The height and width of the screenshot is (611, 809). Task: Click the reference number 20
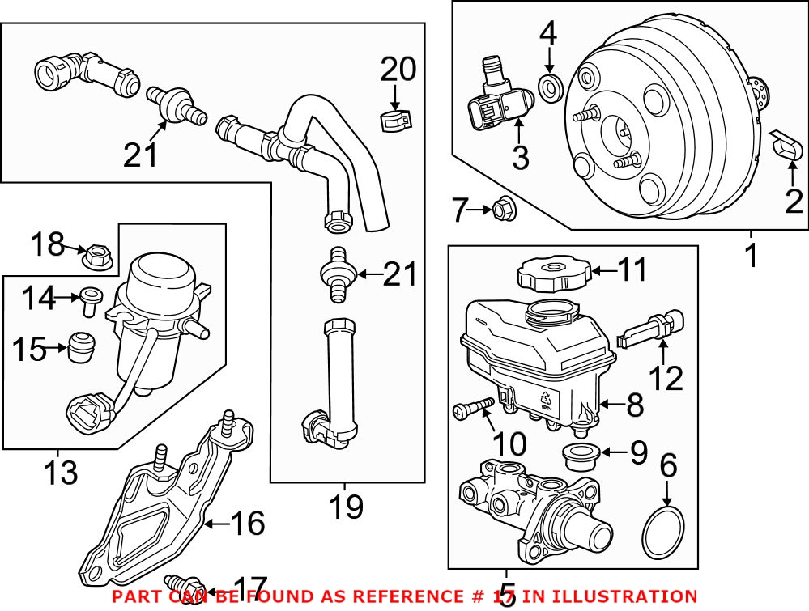point(398,71)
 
